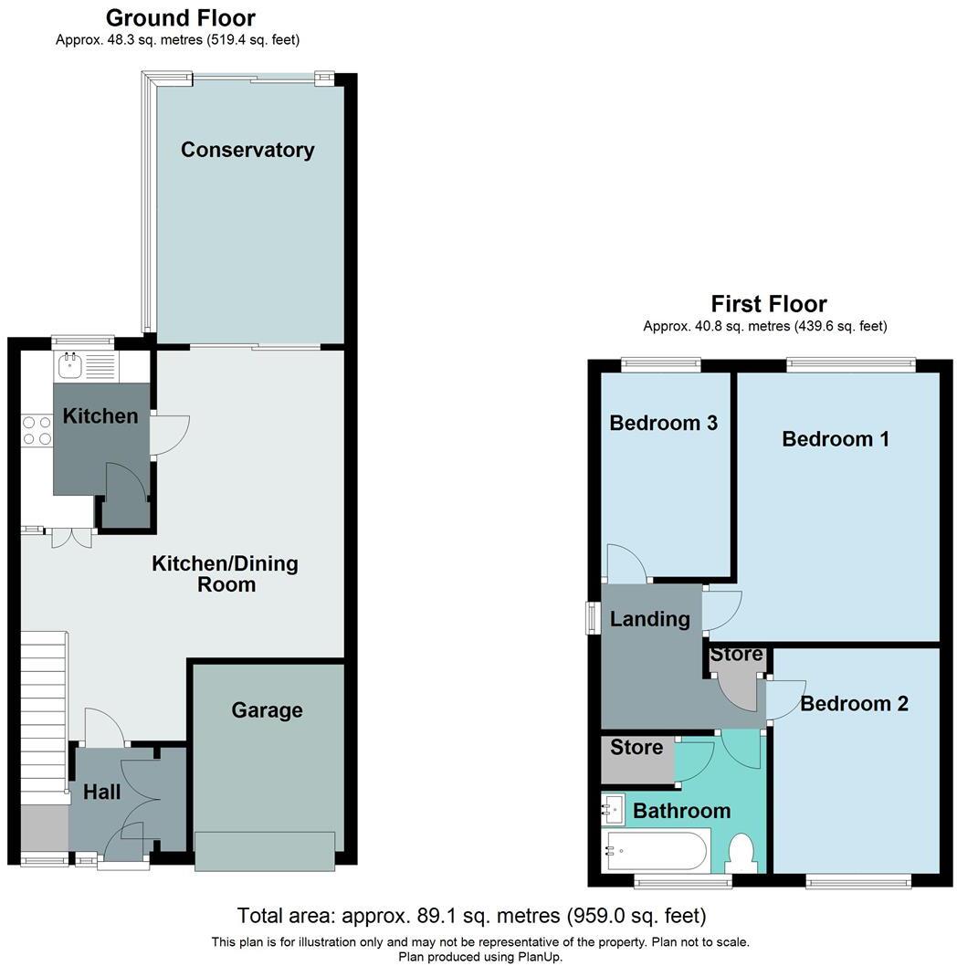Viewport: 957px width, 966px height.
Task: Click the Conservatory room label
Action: click(247, 151)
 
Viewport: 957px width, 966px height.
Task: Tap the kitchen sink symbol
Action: click(70, 366)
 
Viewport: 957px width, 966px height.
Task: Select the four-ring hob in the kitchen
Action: click(37, 431)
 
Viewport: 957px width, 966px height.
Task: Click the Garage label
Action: click(267, 710)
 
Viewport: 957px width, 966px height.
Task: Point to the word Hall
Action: click(102, 792)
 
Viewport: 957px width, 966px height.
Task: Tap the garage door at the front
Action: click(264, 851)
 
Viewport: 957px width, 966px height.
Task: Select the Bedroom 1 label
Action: click(836, 439)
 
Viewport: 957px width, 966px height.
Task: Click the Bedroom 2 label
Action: click(854, 704)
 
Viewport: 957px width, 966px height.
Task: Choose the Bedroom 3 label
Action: click(664, 424)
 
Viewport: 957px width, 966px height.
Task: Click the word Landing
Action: click(650, 619)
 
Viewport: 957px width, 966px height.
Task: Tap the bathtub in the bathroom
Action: click(656, 850)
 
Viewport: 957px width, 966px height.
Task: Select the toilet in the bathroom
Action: click(741, 856)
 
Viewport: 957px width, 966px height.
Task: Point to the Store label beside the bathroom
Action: click(636, 748)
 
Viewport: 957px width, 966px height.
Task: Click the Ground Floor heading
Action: click(181, 18)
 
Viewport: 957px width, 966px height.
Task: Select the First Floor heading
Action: click(769, 304)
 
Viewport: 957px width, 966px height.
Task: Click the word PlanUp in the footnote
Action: click(538, 957)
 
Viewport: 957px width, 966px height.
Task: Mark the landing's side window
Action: click(590, 616)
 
